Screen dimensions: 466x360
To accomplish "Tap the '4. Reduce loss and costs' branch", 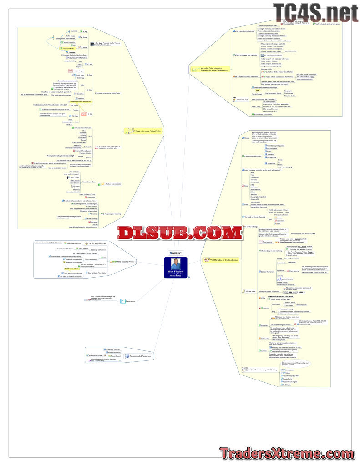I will (112, 184).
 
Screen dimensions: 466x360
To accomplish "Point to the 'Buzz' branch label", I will (246, 187).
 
